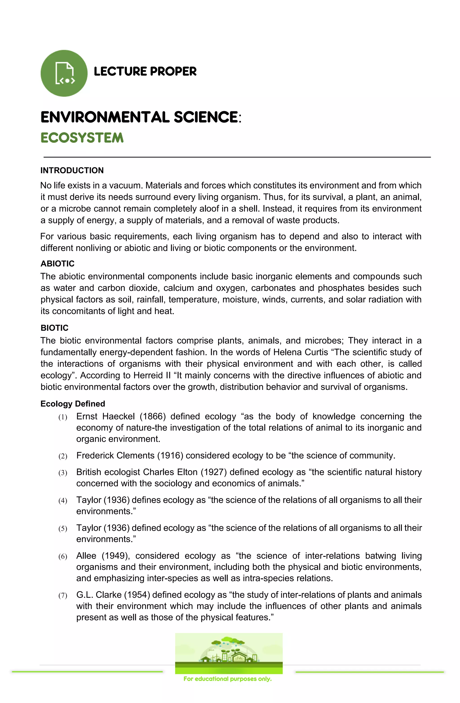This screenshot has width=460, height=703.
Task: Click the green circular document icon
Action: coord(64,73)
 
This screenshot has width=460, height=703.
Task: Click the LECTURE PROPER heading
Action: coord(145,71)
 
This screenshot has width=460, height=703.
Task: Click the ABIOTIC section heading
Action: coord(57,264)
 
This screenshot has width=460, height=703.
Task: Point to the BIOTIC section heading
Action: coord(54,328)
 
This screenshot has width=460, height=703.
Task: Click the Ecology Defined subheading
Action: coord(73,404)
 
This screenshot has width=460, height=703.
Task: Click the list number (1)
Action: coord(63,417)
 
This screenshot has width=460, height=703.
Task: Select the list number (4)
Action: coord(63,501)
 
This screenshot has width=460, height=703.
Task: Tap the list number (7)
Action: coord(63,596)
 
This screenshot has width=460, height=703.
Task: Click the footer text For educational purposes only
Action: coord(227,679)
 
